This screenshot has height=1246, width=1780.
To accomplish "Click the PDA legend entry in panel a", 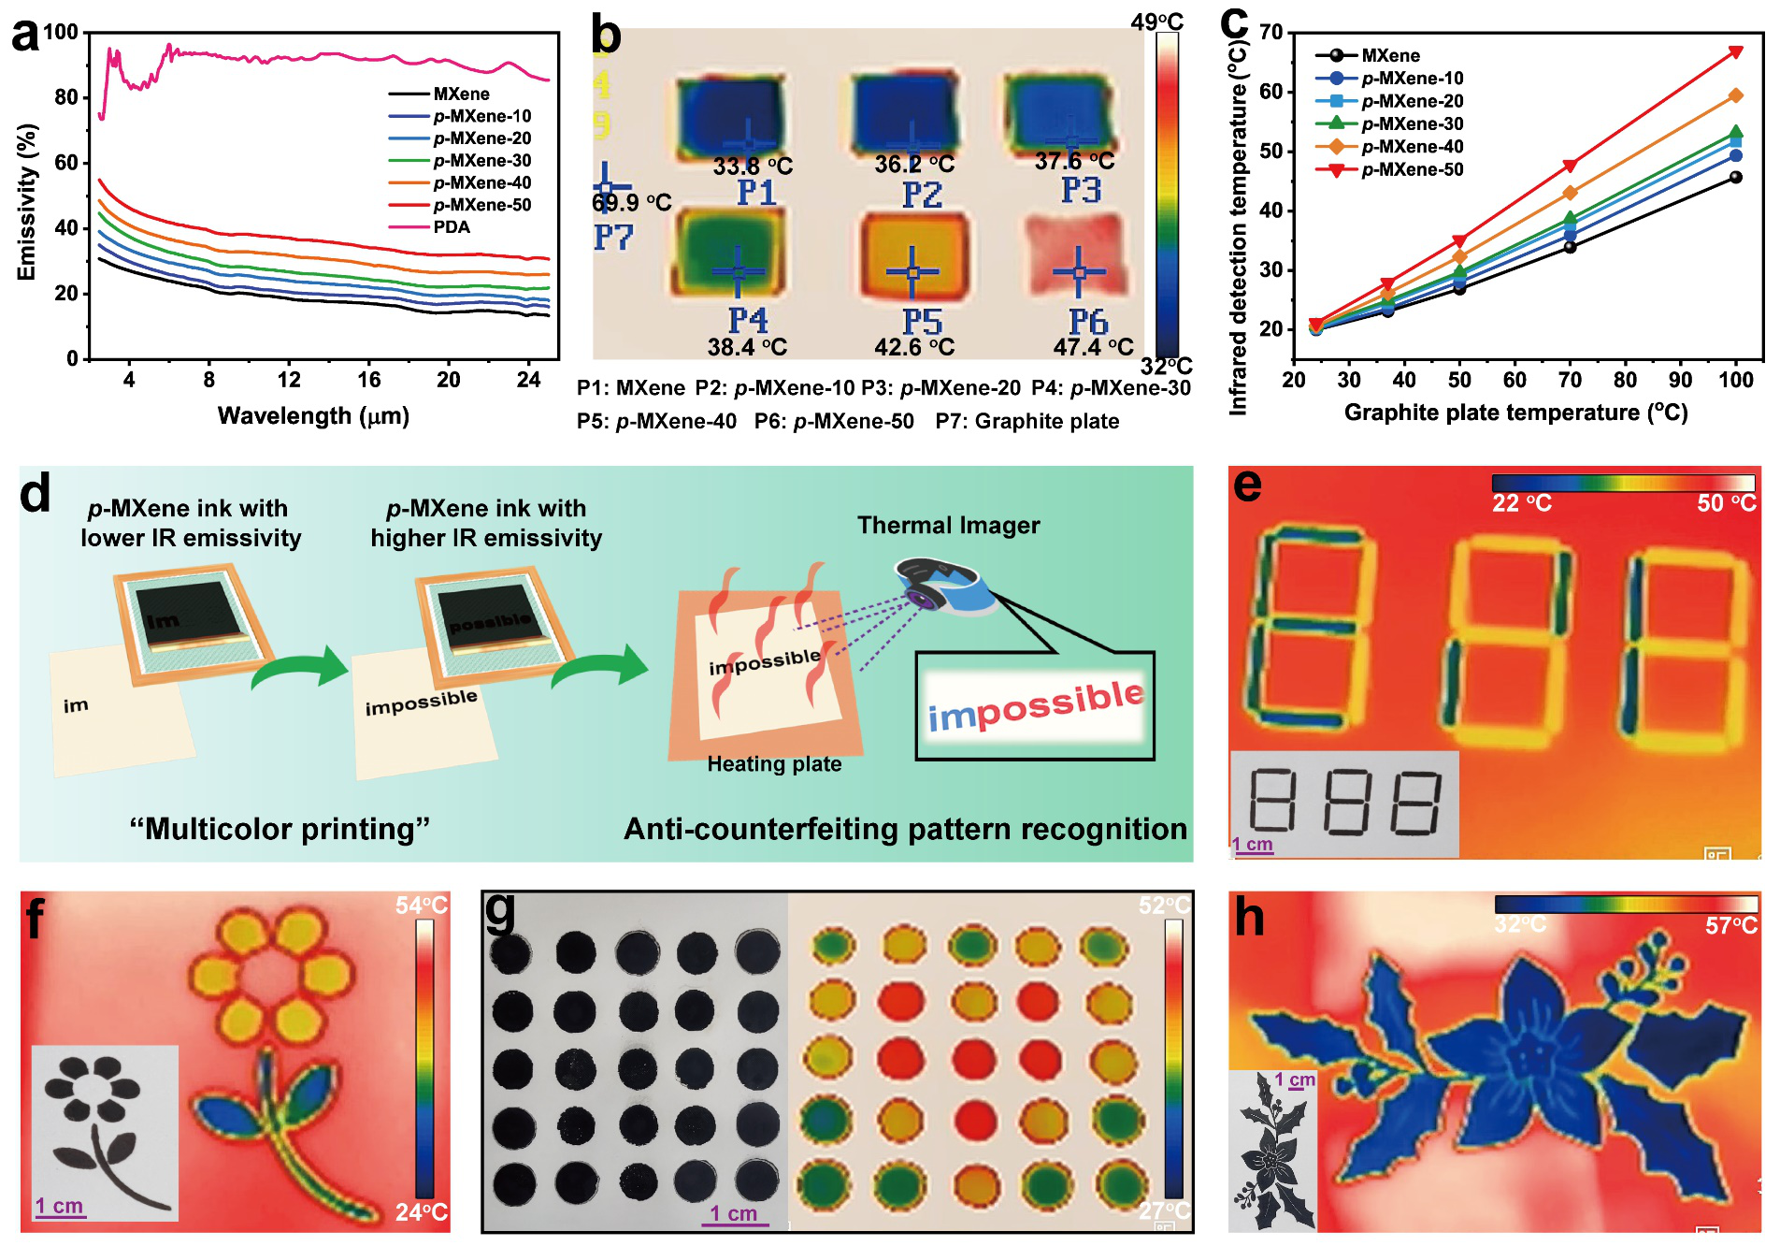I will click(x=452, y=227).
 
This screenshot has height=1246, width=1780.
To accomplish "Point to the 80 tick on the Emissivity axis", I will click(x=66, y=97).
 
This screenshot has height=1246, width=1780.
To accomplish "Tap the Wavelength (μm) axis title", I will click(x=313, y=415).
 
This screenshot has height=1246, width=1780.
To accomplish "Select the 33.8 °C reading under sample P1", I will click(x=753, y=167).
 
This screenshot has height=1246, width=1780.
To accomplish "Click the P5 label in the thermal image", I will click(x=922, y=321).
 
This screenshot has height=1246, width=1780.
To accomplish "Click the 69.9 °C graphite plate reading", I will click(x=632, y=203).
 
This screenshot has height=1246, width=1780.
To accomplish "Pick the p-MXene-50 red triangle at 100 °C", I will click(x=1736, y=52).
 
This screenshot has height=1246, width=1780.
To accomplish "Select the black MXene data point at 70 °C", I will click(x=1570, y=247).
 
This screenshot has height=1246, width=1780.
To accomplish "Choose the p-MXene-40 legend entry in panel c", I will click(x=1412, y=147).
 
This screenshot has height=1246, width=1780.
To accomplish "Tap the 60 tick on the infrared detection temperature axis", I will click(x=1270, y=92).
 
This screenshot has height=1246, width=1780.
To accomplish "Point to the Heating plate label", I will click(x=774, y=764).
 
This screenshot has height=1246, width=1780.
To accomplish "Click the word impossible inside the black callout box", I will click(x=1035, y=705).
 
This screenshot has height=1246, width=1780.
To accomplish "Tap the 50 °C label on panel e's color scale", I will click(x=1726, y=503).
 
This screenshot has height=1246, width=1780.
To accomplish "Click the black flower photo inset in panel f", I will click(x=104, y=1132).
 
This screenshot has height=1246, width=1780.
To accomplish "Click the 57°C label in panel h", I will click(x=1730, y=926).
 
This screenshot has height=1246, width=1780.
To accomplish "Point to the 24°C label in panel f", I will click(x=421, y=1212).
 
